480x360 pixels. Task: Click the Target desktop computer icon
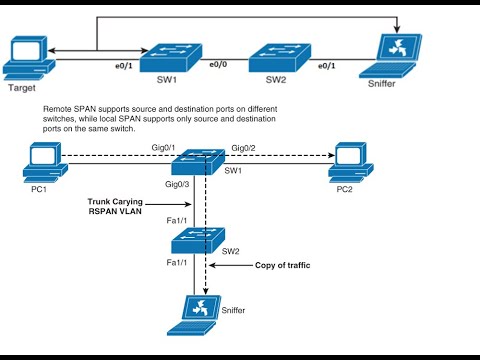pos(24,57)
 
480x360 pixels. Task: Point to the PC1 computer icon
pos(43,158)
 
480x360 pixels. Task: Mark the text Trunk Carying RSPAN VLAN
pos(117,206)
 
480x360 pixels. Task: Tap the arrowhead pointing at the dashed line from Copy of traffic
pos(215,267)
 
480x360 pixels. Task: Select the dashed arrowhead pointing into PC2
pos(328,157)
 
